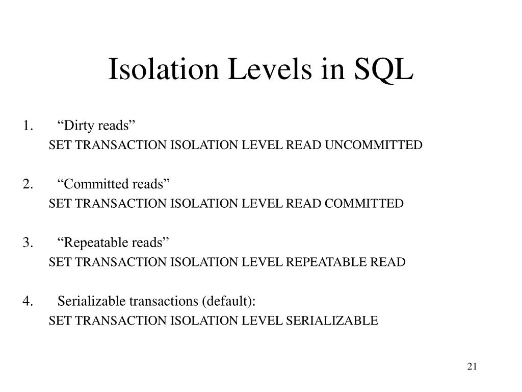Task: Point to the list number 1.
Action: [x=28, y=126]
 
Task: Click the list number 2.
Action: [x=28, y=184]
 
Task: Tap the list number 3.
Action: [x=28, y=242]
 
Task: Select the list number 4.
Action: [x=28, y=301]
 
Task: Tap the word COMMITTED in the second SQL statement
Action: [x=364, y=204]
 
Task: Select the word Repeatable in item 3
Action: [x=94, y=242]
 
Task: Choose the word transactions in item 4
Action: [x=163, y=301]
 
